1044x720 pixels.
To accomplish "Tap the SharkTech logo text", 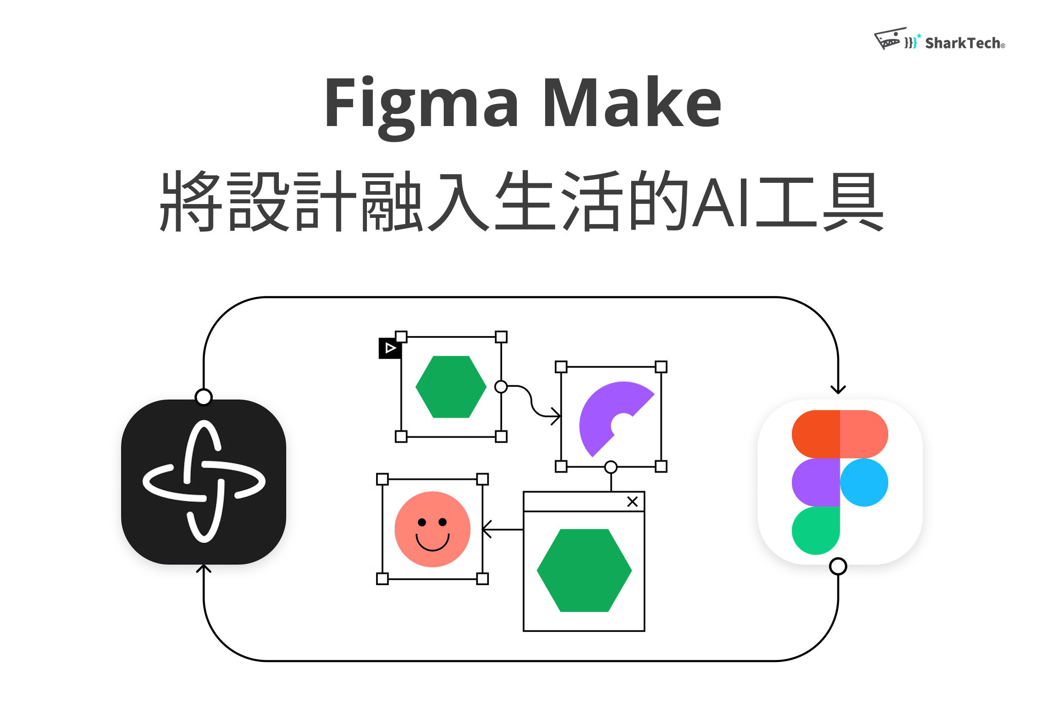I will [964, 43].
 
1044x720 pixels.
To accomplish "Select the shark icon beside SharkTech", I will [890, 39].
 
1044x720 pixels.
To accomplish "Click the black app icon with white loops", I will [203, 482].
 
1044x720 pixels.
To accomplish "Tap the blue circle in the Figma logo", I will [864, 482].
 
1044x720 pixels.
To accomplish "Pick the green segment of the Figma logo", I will [815, 530].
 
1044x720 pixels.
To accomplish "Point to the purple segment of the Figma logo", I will [815, 482].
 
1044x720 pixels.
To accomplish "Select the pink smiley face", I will [432, 529].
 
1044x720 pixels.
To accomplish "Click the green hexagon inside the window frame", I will [584, 570].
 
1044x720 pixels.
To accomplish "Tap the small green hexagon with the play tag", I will [451, 387].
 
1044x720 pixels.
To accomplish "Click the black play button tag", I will [389, 348].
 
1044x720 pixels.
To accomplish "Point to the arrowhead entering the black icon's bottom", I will [203, 568].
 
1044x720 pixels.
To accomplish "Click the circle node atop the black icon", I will [203, 397].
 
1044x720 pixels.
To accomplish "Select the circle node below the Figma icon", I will [838, 566].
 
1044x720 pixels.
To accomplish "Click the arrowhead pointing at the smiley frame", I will [486, 529].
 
